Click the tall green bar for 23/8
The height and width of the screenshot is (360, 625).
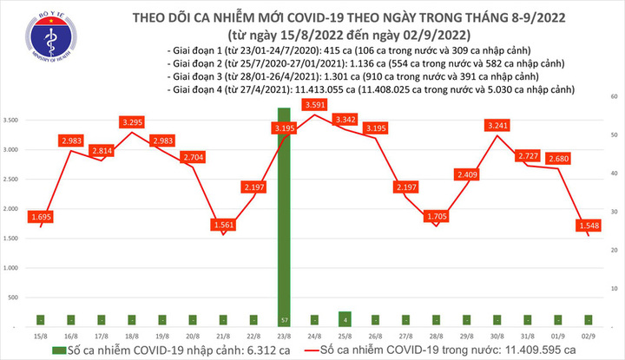[x=283, y=217]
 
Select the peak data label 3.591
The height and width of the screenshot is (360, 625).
[x=314, y=106]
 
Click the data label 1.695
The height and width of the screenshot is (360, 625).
[x=39, y=216]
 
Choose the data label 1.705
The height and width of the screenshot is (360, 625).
[x=436, y=216]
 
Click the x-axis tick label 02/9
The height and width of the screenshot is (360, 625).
[x=589, y=334]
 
